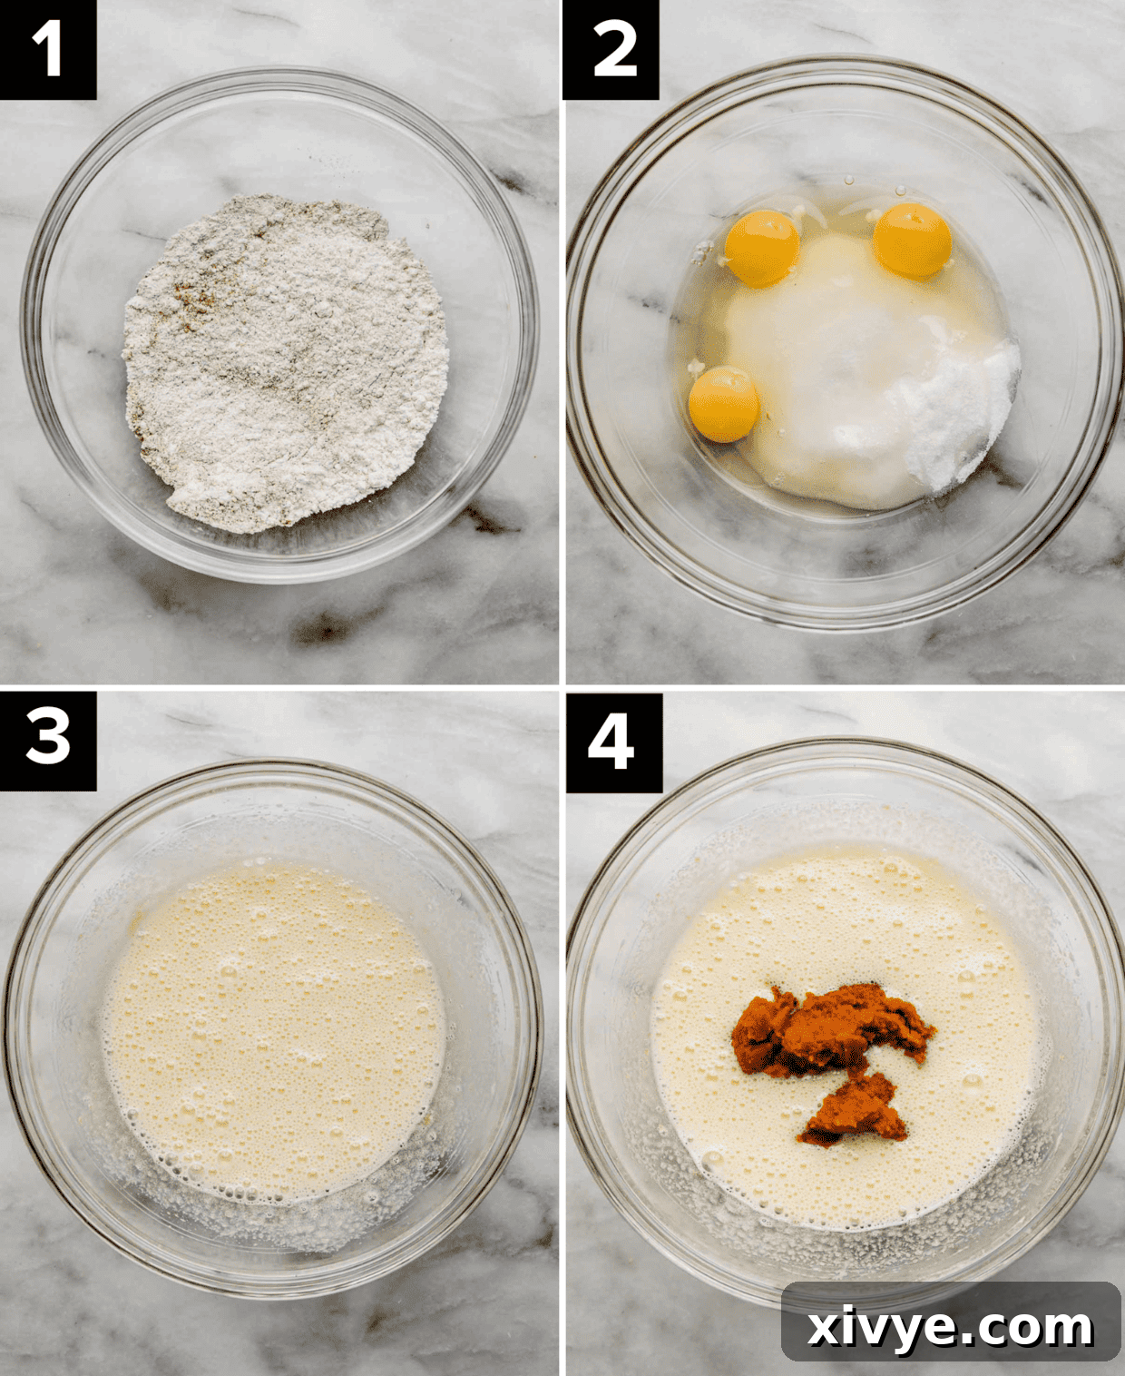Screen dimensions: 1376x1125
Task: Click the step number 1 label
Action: (47, 49)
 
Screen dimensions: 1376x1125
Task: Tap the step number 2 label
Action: (611, 49)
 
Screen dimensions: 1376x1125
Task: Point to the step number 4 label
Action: (613, 742)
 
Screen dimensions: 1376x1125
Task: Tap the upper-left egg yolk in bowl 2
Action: (762, 248)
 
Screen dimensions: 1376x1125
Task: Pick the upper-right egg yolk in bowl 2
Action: (912, 241)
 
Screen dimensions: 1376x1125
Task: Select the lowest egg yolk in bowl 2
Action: (723, 404)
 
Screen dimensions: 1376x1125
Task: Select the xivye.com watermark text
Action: (950, 1327)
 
